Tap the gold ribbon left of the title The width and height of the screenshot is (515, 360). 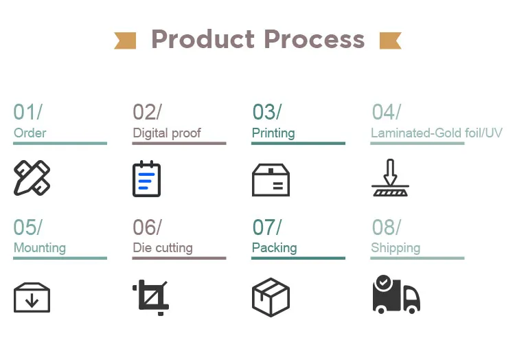pyautogui.click(x=125, y=40)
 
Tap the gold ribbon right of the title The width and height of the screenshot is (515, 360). pyautogui.click(x=390, y=40)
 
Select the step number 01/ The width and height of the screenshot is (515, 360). pyautogui.click(x=27, y=112)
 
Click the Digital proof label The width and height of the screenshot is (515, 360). pyautogui.click(x=167, y=133)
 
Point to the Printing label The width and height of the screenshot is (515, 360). pyautogui.click(x=273, y=133)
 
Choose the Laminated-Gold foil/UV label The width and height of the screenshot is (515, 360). pyautogui.click(x=437, y=133)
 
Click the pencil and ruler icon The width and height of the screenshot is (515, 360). pyautogui.click(x=32, y=178)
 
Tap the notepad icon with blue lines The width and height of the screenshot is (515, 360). pyautogui.click(x=146, y=179)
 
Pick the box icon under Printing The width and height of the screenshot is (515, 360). pyautogui.click(x=271, y=179)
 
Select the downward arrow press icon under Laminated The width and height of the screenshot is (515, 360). pyautogui.click(x=390, y=178)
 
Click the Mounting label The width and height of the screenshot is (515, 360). pyautogui.click(x=40, y=247)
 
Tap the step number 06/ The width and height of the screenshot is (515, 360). pyautogui.click(x=147, y=227)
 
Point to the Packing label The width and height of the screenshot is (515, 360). pyautogui.click(x=275, y=247)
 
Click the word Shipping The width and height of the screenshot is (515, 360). pyautogui.click(x=396, y=247)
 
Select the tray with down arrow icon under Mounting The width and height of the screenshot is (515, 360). pyautogui.click(x=32, y=297)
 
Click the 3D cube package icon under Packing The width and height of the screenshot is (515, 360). pyautogui.click(x=271, y=297)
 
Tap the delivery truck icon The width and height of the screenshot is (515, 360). pyautogui.click(x=396, y=295)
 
